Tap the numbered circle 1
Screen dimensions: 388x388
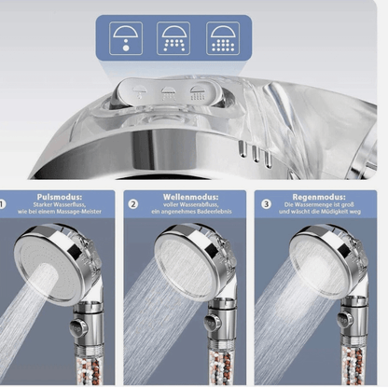point(4,203)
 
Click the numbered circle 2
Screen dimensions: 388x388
point(133,203)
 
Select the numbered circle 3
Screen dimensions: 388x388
point(266,203)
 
